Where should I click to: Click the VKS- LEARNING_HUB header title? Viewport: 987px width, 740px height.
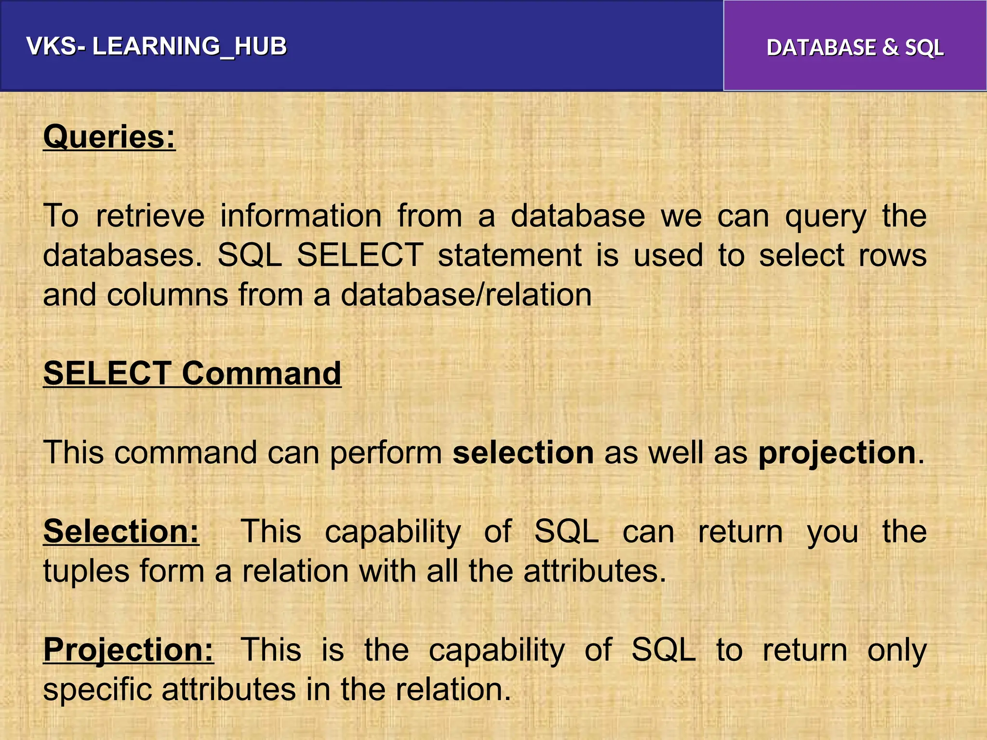click(157, 47)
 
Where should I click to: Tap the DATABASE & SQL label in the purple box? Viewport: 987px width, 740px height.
click(855, 48)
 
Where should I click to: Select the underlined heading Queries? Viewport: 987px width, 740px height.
click(109, 137)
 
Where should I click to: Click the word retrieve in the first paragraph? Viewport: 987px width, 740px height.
click(150, 216)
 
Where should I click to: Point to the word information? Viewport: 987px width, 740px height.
click(301, 216)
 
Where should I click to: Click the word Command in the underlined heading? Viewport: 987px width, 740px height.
click(262, 373)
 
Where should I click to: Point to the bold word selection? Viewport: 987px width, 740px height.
click(523, 453)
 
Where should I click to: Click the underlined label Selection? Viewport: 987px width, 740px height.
click(121, 531)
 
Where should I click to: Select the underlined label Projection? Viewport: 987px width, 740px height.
click(128, 650)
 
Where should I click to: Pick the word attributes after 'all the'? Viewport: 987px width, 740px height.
click(595, 571)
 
